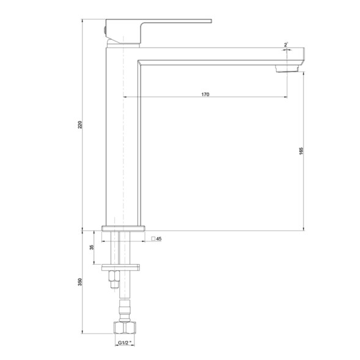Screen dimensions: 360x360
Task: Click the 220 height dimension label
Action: point(80,125)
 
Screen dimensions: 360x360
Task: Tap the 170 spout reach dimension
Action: point(205,94)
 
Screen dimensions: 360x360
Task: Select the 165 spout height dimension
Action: point(301,151)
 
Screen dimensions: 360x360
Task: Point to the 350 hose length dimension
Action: point(80,282)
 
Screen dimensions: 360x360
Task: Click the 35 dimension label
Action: point(92,248)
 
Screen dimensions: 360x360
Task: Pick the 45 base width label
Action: point(159,239)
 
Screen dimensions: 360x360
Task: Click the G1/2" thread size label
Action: point(125,343)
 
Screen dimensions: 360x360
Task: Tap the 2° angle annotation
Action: point(286,45)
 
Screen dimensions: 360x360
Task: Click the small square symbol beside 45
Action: point(153,239)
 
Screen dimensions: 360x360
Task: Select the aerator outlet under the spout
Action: point(287,68)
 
